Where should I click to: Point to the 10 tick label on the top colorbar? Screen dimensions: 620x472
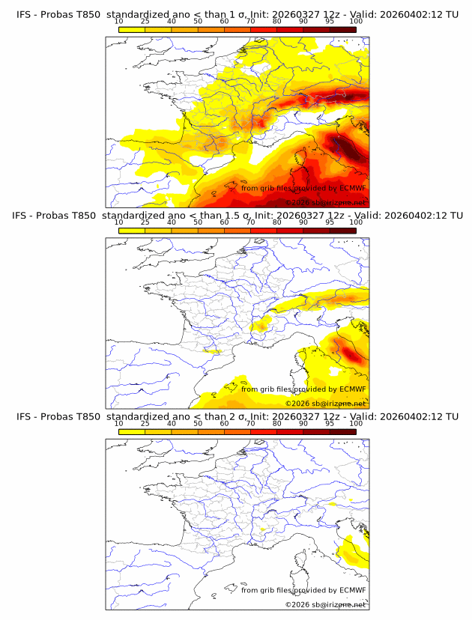click(119, 22)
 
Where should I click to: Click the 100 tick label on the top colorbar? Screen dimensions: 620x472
click(356, 22)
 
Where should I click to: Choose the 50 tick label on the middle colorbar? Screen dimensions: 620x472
click(198, 222)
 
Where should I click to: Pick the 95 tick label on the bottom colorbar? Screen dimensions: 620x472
click(329, 424)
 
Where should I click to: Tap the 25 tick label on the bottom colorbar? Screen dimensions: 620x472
click(145, 424)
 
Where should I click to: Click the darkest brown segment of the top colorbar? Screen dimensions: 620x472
click(342, 29)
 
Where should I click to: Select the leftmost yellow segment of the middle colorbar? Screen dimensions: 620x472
click(132, 230)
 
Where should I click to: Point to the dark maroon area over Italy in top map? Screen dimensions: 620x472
click(352, 151)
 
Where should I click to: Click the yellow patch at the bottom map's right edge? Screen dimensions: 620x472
click(351, 555)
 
